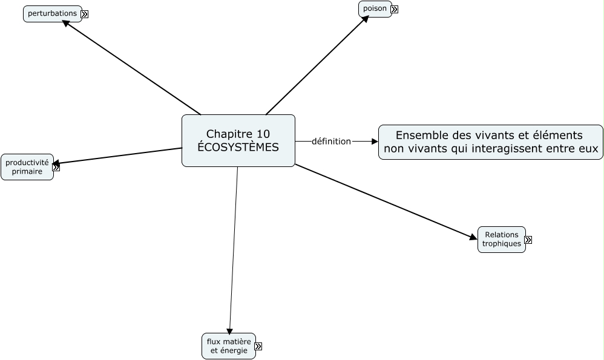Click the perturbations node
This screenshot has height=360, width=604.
[x=52, y=13]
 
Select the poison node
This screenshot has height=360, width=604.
[x=375, y=9]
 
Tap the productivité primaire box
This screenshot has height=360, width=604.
[x=27, y=167]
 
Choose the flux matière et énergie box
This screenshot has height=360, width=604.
[x=229, y=346]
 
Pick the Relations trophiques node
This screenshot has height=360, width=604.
[x=501, y=240]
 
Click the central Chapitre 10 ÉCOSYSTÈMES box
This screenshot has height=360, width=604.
[x=238, y=140]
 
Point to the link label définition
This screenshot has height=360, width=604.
[x=331, y=142]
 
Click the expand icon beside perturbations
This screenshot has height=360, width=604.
[x=85, y=15]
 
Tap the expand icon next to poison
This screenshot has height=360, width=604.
[x=394, y=10]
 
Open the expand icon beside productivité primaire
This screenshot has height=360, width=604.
[x=56, y=168]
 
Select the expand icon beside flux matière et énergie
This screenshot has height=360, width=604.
[x=258, y=347]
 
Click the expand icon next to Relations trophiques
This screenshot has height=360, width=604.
[x=528, y=240]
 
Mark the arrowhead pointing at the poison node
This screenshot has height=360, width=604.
[x=365, y=19]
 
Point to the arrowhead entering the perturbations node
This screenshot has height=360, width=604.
[x=67, y=25]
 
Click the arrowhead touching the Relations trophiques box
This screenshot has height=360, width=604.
[x=473, y=237]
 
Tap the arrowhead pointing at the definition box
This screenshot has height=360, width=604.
[x=374, y=142]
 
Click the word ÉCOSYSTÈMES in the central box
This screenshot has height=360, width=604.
[x=238, y=147]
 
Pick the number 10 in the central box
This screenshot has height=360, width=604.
[x=263, y=134]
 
